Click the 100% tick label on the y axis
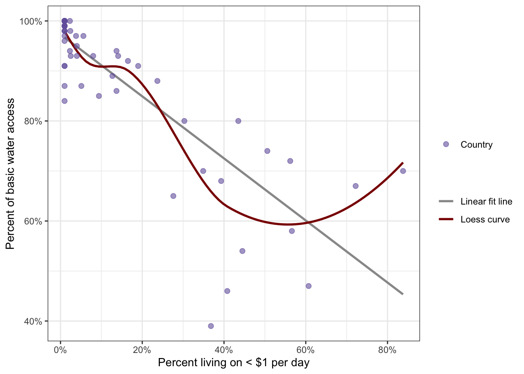30,21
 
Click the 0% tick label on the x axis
60,350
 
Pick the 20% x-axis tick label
142,350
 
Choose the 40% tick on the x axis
224,350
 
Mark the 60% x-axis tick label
306,350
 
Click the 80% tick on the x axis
387,350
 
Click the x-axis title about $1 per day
234,363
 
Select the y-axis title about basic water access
11,174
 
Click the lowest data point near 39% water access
211,326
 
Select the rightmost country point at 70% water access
403,171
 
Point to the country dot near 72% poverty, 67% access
356,186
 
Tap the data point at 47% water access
309,286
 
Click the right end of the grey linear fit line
403,294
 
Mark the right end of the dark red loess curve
403,162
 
